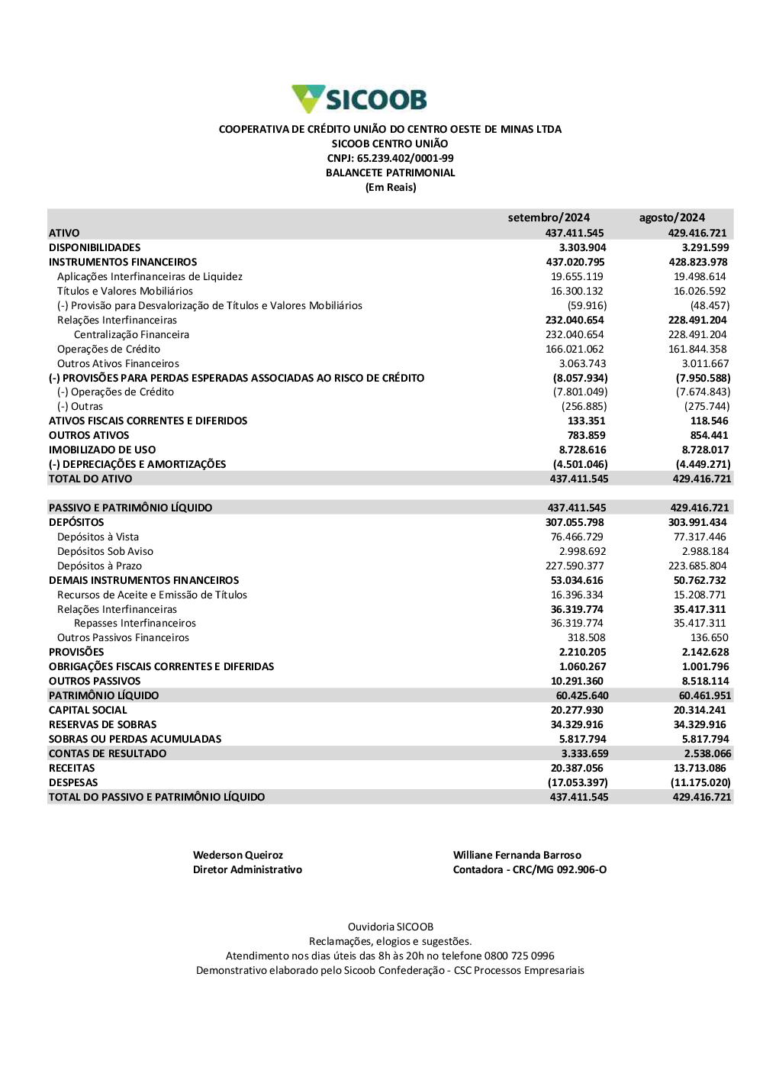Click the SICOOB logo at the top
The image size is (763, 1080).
(x=359, y=99)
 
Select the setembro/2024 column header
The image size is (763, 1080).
(x=549, y=218)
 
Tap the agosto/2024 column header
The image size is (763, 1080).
(x=672, y=218)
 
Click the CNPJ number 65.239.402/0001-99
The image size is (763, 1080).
(x=405, y=159)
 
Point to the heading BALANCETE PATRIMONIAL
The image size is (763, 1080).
(x=390, y=173)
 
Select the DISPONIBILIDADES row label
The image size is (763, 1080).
(x=95, y=247)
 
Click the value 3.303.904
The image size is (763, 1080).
(x=582, y=247)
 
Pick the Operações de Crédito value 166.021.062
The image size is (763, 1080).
(x=575, y=349)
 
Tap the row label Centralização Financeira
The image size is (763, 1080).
(x=131, y=334)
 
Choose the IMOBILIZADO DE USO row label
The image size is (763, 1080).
(x=102, y=450)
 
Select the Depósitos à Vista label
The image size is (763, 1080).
(x=98, y=537)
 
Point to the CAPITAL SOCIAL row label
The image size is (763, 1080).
(x=88, y=710)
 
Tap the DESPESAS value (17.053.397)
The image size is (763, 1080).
(x=578, y=782)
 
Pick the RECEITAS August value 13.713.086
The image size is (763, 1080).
(x=700, y=768)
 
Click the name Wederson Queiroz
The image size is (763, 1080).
(x=237, y=855)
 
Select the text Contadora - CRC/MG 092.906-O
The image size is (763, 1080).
(x=530, y=869)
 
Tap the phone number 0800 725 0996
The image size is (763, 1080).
(x=520, y=956)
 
